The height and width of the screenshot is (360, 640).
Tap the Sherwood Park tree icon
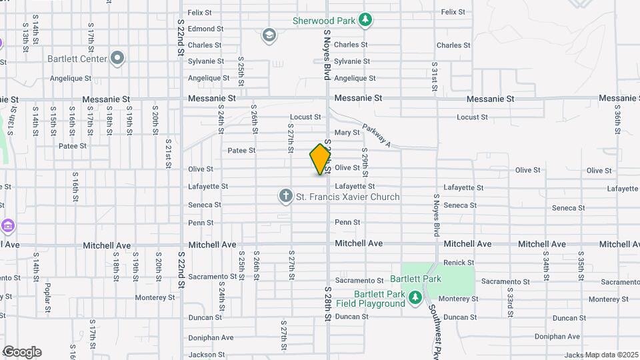point(365,20)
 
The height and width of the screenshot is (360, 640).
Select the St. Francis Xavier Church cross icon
point(285,197)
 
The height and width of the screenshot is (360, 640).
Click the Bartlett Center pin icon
point(117,58)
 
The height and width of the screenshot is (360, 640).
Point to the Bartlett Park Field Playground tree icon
point(415,297)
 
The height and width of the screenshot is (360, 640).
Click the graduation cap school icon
point(269,35)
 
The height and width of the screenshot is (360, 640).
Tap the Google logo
point(22,352)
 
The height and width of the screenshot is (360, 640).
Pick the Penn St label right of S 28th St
point(347,222)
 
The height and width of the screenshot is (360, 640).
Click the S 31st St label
point(434,73)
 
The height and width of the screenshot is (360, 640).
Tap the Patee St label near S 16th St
point(73,146)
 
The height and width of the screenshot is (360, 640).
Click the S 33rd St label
point(510,298)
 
